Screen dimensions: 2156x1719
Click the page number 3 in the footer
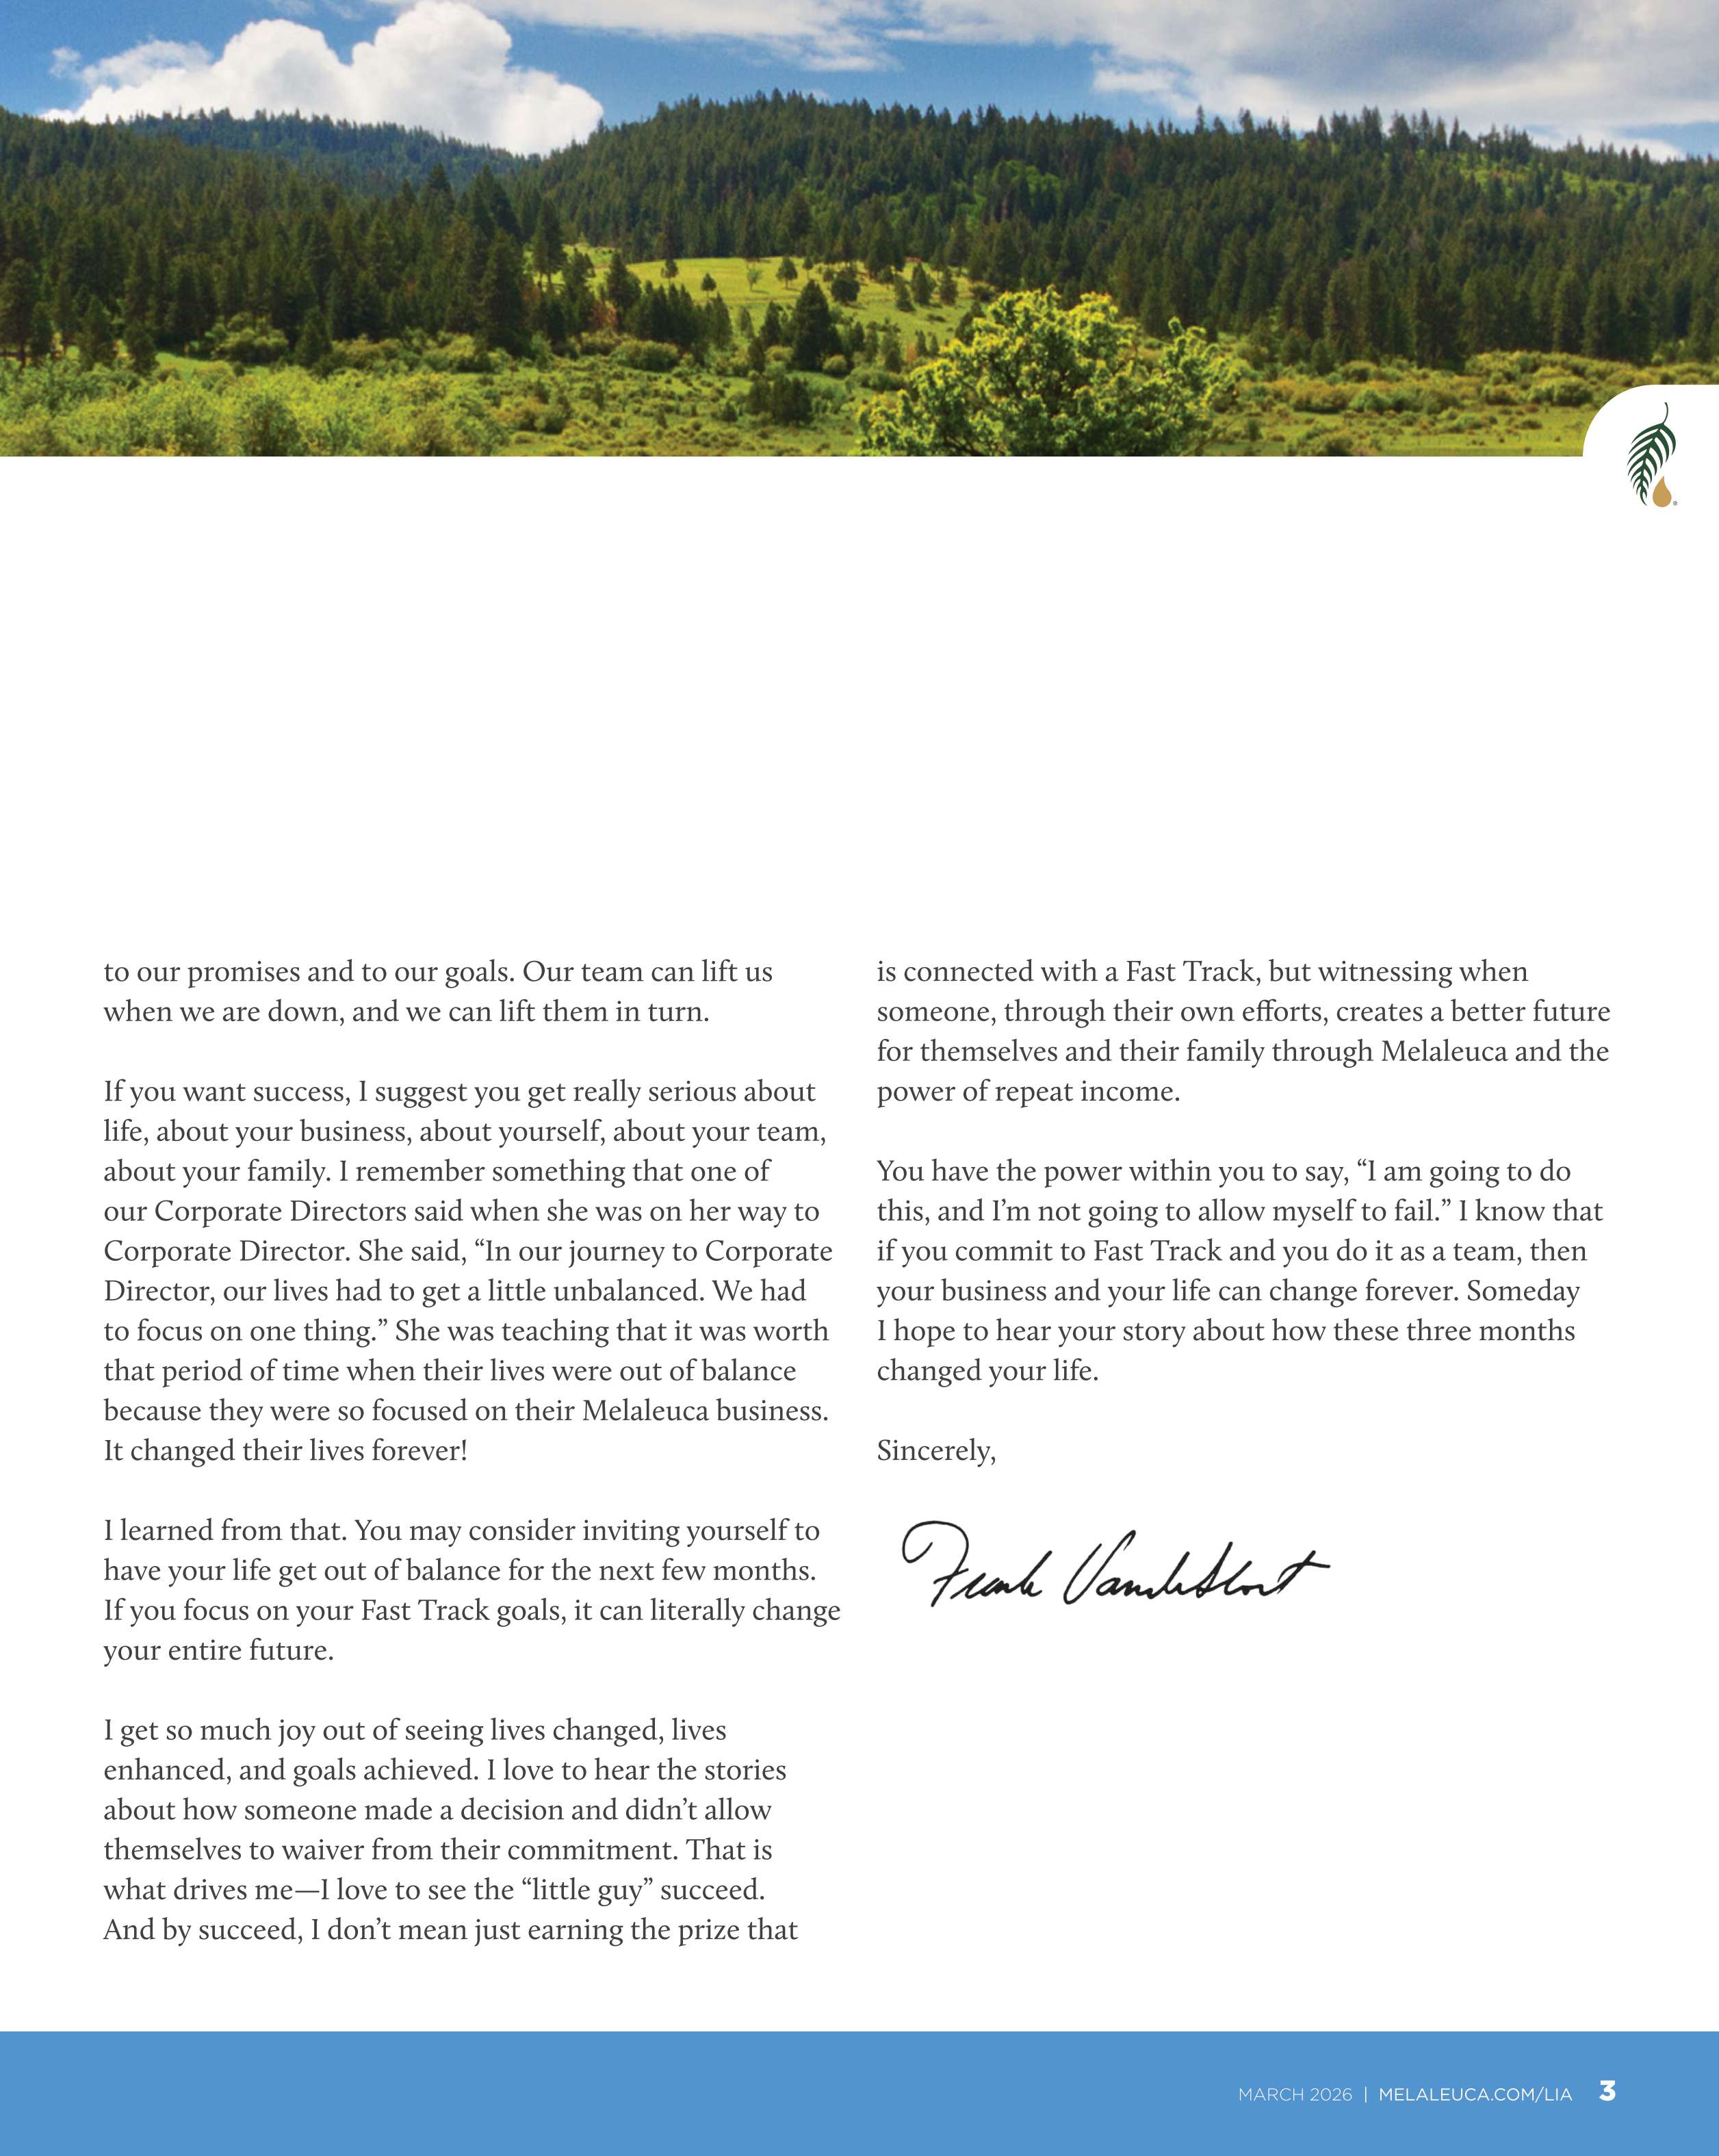click(x=1607, y=2090)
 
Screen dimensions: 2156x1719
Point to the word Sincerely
click(x=935, y=1451)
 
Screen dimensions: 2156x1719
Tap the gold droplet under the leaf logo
click(x=1661, y=493)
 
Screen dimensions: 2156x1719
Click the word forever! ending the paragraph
click(x=419, y=1451)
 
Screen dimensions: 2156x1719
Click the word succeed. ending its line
click(x=712, y=1890)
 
